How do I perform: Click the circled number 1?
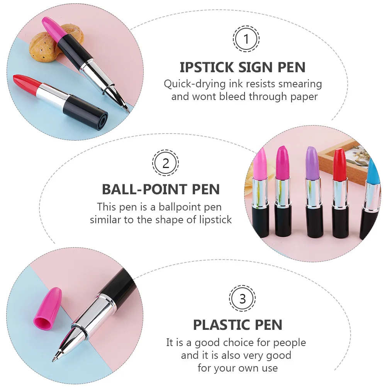coord(246,39)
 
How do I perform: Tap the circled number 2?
coord(165,163)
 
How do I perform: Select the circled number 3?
coord(243,299)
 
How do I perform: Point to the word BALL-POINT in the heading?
coord(141,190)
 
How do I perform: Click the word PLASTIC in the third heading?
coord(218,325)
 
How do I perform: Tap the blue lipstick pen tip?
coord(373,170)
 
